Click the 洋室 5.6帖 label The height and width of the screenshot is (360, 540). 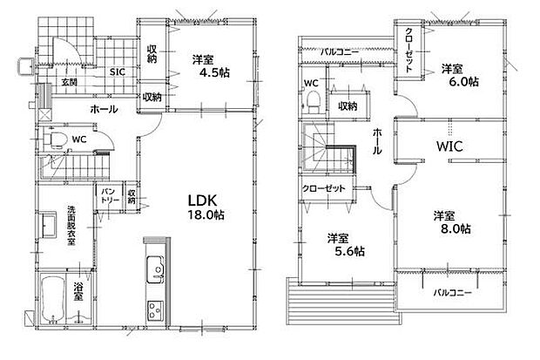pyautogui.click(x=345, y=244)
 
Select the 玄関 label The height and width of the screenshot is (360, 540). pyautogui.click(x=69, y=82)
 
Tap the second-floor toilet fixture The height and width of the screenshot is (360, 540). pyautogui.click(x=310, y=103)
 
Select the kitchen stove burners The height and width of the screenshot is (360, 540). pyautogui.click(x=155, y=309)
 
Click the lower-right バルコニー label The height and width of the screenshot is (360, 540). pyautogui.click(x=452, y=293)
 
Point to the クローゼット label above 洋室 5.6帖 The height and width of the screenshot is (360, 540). pyautogui.click(x=322, y=189)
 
